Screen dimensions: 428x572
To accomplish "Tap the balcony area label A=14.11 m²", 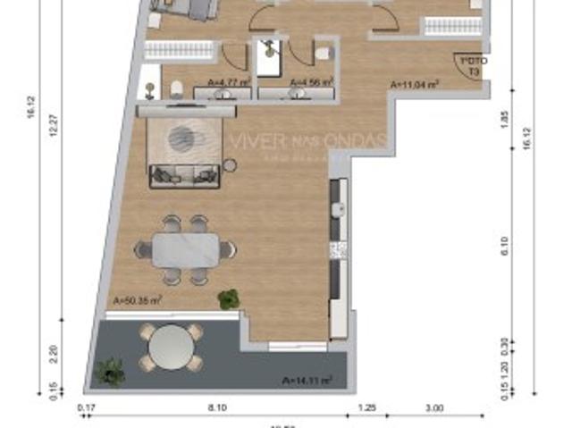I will [307, 380].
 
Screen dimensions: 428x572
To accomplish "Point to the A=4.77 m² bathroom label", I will [226, 83].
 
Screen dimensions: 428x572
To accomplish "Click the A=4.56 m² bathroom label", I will [311, 83].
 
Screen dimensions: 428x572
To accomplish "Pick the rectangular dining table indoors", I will [185, 249].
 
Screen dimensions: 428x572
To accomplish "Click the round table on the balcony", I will [169, 347].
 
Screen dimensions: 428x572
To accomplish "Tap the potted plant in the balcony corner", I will [111, 370].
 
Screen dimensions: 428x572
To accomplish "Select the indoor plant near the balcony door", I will [229, 299].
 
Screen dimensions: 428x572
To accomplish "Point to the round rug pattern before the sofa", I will [181, 138].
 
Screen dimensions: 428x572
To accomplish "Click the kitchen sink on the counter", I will [337, 211].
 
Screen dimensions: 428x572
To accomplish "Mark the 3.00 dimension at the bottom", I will [433, 408].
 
